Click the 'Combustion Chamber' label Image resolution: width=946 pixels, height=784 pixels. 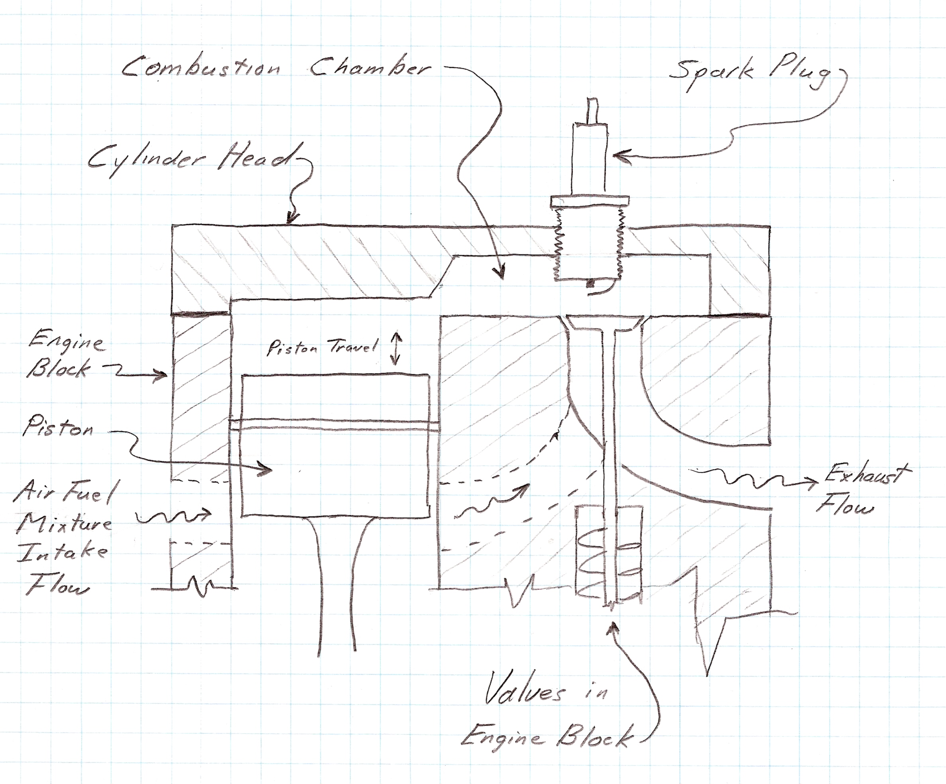[276, 68]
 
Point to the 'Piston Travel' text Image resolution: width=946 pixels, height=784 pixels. [322, 347]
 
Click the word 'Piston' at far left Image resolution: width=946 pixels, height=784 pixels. [58, 427]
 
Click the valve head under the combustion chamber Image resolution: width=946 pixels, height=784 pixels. [603, 322]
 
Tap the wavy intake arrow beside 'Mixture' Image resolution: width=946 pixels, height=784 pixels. [173, 517]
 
